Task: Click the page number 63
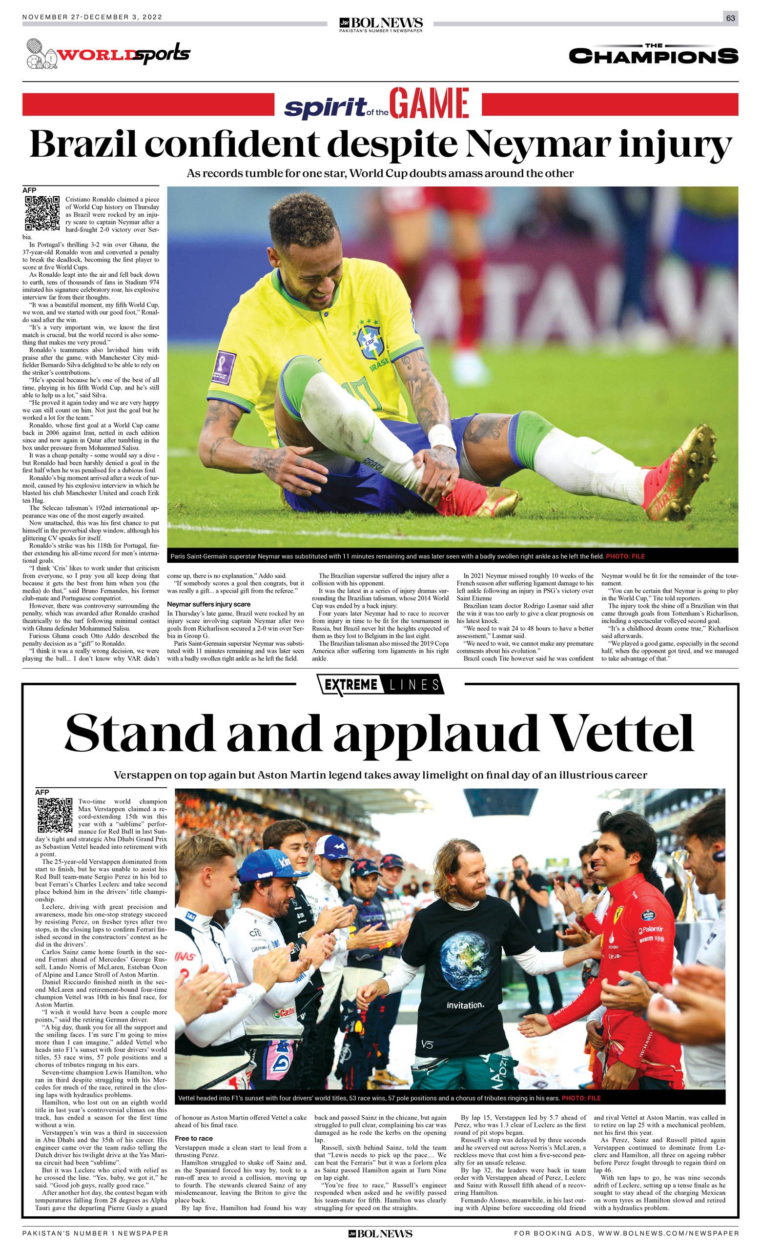coord(730,18)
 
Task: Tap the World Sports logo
coord(108,54)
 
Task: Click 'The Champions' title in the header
coord(653,54)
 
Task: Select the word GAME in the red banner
coord(429,104)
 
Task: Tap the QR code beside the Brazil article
coord(42,213)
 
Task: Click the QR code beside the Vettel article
coord(55,816)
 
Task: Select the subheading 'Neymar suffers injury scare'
coord(208,604)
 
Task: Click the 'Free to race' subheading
coord(194,1139)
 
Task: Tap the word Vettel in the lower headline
coord(621,734)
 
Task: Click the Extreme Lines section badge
coord(380,685)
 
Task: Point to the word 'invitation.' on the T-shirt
coord(465,1005)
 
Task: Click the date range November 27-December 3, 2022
coord(92,17)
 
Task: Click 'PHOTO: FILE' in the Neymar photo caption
coord(625,556)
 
